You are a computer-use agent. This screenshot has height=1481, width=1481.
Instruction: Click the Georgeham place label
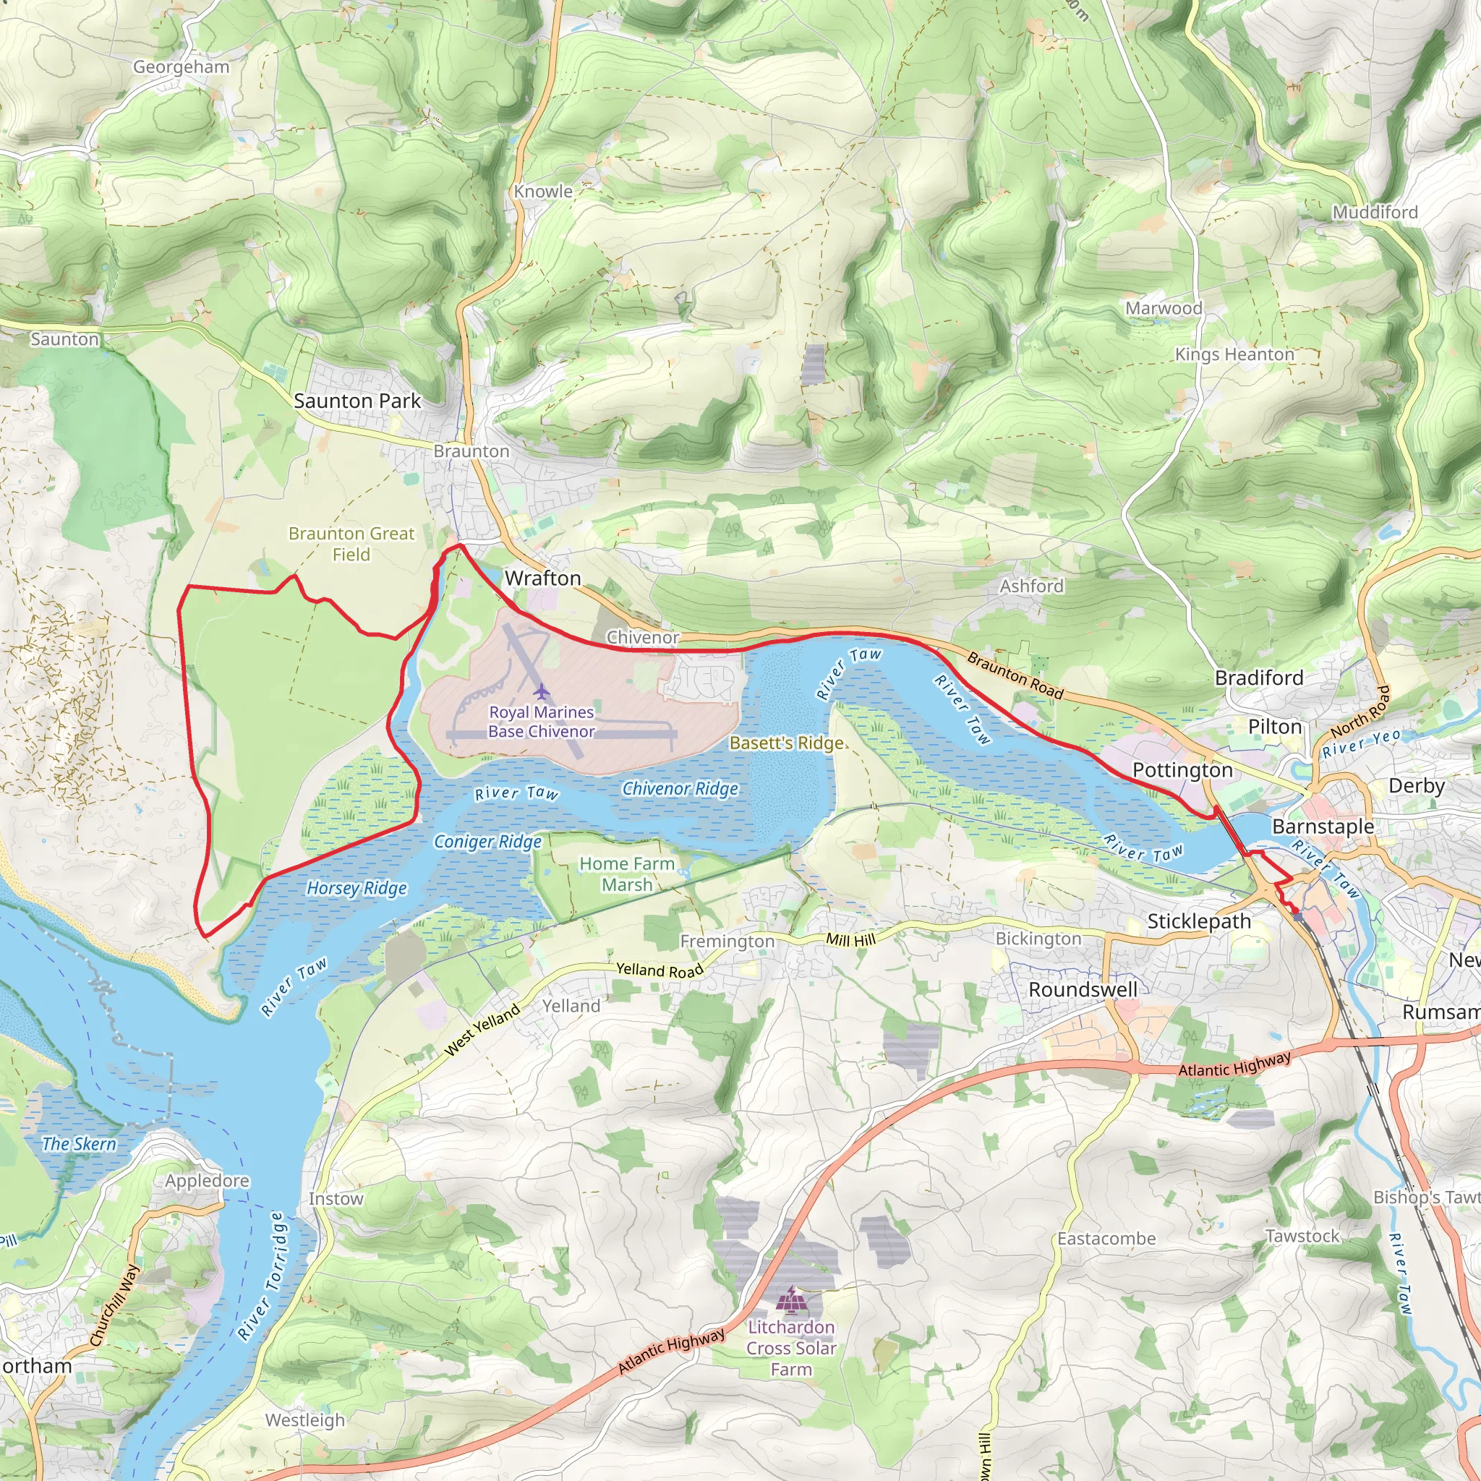[x=181, y=67]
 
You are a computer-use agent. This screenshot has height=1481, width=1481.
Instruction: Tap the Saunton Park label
[x=357, y=401]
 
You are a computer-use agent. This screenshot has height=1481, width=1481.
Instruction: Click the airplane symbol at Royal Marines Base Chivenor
[x=542, y=691]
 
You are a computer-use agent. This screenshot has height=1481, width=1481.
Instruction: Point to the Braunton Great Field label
[x=351, y=544]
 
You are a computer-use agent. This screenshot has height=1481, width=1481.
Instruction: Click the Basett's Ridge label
[x=787, y=743]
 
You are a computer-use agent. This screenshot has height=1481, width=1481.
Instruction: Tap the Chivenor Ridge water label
[x=680, y=789]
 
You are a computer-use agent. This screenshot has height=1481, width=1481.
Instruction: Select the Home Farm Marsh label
[x=627, y=874]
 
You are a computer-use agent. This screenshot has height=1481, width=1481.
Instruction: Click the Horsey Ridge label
[x=357, y=889]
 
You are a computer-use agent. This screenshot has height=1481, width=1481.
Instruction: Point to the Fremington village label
[x=727, y=942]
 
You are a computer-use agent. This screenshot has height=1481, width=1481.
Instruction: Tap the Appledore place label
[x=207, y=1180]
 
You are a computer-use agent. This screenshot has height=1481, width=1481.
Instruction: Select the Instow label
[x=336, y=1199]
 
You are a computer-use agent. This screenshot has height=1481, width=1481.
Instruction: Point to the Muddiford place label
[x=1375, y=213]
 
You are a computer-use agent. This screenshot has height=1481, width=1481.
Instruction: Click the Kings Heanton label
[x=1234, y=354]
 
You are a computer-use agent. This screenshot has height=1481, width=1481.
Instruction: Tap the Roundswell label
[x=1083, y=990]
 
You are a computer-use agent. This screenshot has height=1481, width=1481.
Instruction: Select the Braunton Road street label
[x=1015, y=675]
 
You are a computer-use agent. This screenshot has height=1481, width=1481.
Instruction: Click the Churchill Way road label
[x=114, y=1305]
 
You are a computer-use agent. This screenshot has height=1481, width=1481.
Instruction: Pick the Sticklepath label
[x=1199, y=921]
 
